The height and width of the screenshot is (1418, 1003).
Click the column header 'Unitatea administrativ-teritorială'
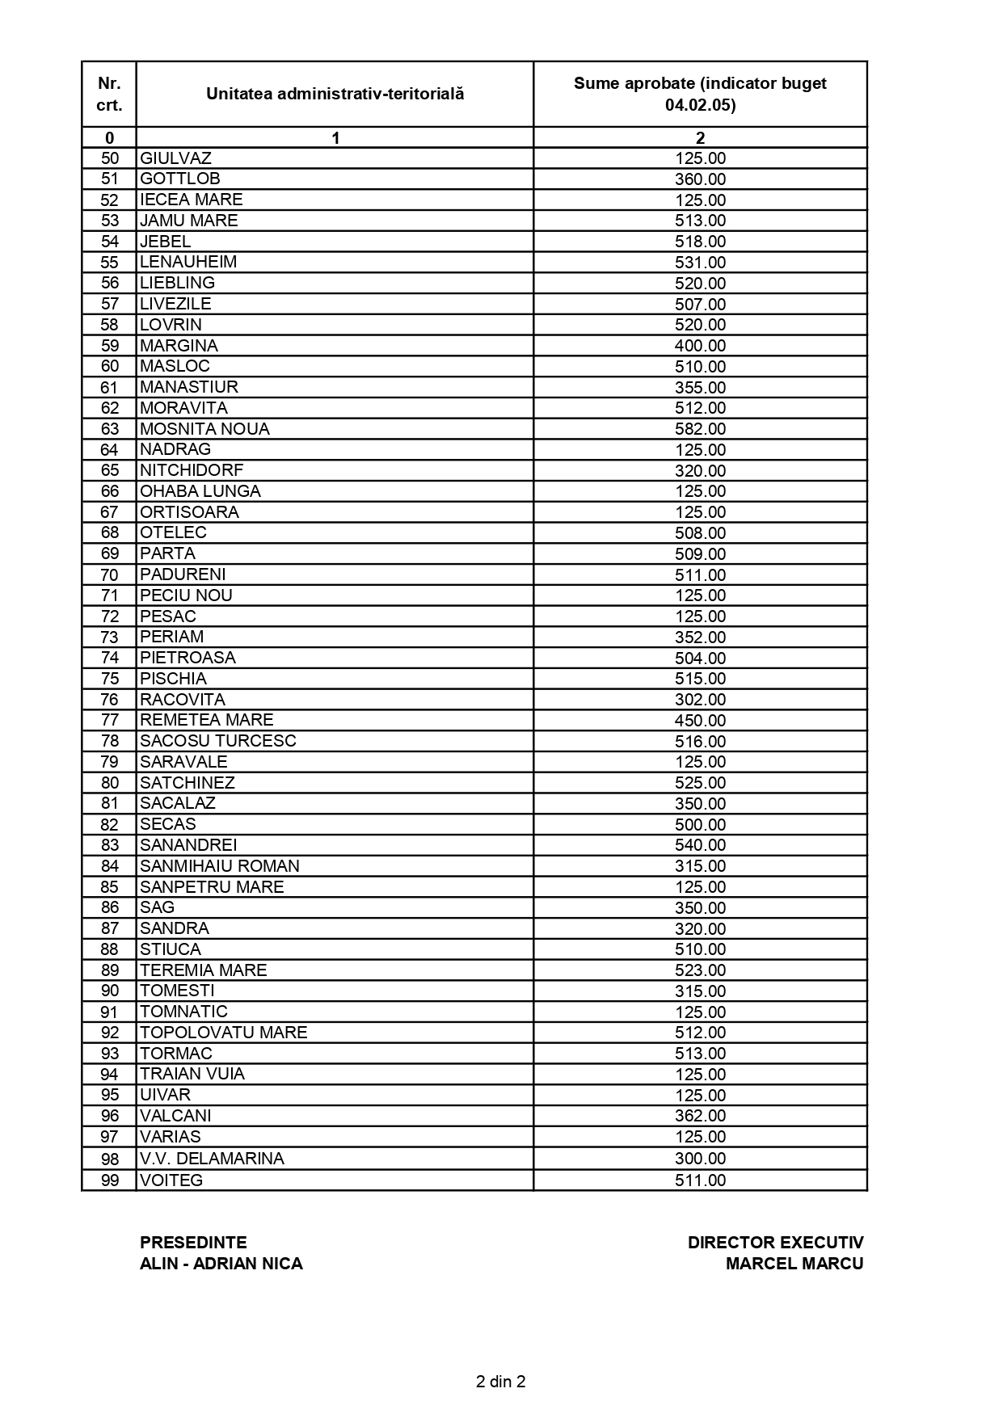[x=335, y=94]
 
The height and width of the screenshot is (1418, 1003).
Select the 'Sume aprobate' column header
[x=700, y=94]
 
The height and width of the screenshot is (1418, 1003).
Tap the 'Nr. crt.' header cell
[x=109, y=94]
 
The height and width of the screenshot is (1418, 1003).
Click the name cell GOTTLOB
[x=180, y=179]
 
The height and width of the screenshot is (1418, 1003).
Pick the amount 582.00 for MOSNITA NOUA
[x=700, y=429]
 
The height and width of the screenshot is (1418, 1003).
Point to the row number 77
[x=109, y=721]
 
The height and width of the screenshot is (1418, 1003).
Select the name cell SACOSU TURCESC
[x=218, y=741]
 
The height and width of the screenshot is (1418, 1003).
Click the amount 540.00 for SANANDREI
[x=700, y=845]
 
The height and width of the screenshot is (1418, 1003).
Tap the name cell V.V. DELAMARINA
[x=212, y=1159]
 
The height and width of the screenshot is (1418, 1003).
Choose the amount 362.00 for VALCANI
[x=700, y=1116]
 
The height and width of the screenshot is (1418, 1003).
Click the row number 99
[x=109, y=1180]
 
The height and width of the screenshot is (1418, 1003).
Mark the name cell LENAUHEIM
[x=188, y=262]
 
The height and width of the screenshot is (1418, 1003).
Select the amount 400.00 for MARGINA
[x=700, y=346]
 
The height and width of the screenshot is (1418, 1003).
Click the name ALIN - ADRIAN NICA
[x=221, y=1264]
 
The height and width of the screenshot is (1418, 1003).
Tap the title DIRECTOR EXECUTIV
[x=775, y=1243]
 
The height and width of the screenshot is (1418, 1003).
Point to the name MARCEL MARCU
[x=794, y=1264]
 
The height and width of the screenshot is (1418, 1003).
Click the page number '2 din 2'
[x=501, y=1382]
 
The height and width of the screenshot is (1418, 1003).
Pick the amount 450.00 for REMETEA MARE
[x=700, y=721]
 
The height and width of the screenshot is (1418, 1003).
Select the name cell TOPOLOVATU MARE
[x=224, y=1033]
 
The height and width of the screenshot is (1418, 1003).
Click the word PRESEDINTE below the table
[x=193, y=1243]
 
